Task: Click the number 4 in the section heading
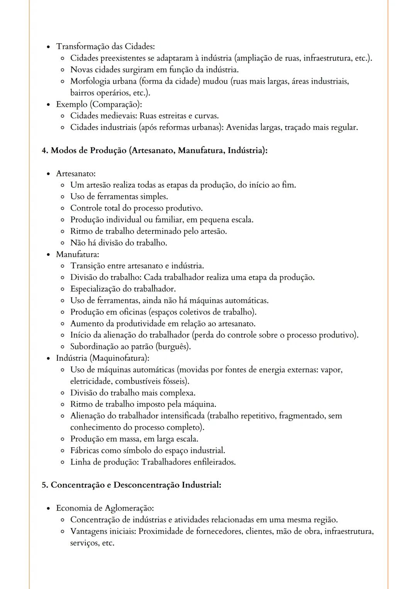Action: click(44, 150)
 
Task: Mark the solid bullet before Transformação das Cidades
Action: click(48, 47)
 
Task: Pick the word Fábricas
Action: click(84, 450)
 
